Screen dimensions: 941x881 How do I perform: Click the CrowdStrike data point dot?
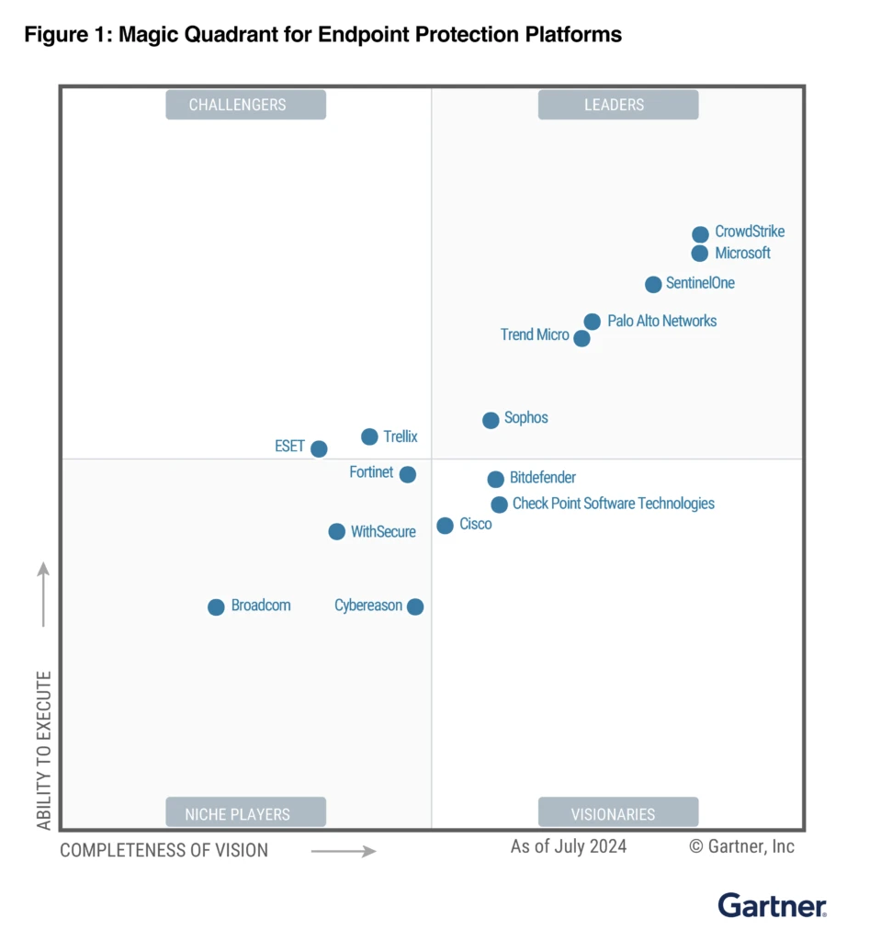(x=700, y=234)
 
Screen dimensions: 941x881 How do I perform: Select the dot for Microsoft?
(x=700, y=254)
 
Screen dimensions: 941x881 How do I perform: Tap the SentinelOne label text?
(x=700, y=283)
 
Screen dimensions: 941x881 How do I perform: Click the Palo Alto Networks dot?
(x=593, y=322)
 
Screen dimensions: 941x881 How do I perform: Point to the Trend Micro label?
(x=535, y=334)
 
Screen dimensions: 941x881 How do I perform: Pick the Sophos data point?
(x=491, y=420)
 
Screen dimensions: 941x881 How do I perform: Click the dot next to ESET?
(x=319, y=449)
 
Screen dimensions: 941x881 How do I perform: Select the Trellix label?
(x=401, y=436)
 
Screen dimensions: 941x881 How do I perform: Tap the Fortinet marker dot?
(x=408, y=474)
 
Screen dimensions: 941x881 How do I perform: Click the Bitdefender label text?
(x=543, y=478)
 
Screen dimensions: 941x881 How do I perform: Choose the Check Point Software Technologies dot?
(x=499, y=505)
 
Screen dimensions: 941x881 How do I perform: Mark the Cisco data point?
(x=445, y=526)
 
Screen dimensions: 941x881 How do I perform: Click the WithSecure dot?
(x=336, y=532)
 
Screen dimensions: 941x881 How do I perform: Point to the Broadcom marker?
(x=216, y=607)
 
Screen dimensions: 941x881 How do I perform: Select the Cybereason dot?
(x=415, y=607)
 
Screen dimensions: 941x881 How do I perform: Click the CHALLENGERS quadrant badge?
(x=245, y=105)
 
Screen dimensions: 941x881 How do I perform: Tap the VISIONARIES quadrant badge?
(x=618, y=813)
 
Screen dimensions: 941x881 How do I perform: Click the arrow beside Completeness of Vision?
(x=344, y=852)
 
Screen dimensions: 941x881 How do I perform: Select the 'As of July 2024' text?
(x=569, y=846)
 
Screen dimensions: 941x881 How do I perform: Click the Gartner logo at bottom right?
(x=772, y=905)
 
